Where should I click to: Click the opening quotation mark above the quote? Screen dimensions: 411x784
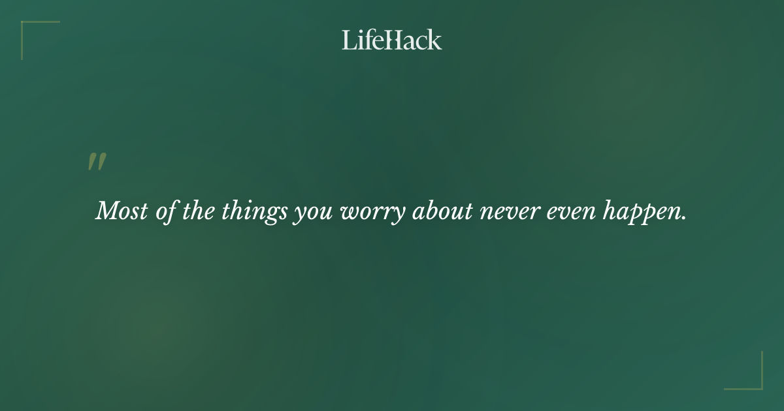pos(97,162)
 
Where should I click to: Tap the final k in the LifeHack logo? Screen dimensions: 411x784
pos(434,40)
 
